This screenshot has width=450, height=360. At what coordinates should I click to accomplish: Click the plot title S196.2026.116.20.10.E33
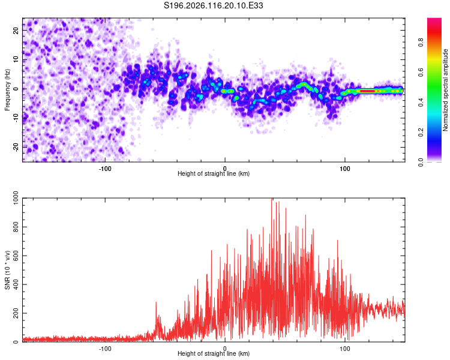[213, 5]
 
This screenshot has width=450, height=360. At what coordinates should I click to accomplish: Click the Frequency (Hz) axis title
[7, 90]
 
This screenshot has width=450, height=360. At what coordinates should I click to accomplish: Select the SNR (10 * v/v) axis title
[7, 270]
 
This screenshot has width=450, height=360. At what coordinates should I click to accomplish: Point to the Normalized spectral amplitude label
[445, 90]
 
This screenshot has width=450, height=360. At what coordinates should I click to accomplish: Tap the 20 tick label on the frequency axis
[16, 31]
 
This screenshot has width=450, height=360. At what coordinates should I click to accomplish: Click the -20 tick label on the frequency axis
[16, 148]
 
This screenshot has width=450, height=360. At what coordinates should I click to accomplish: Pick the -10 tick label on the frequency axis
[16, 118]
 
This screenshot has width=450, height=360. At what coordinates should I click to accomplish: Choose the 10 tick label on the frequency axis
[16, 59]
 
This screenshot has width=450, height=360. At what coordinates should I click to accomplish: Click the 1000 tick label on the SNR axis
[16, 198]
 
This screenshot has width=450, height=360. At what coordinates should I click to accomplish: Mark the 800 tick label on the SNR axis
[16, 227]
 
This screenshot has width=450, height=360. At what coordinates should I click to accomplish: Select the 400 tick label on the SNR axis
[16, 284]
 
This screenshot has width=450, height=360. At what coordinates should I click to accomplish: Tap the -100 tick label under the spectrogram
[105, 169]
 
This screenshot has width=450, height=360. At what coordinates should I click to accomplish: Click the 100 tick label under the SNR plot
[344, 349]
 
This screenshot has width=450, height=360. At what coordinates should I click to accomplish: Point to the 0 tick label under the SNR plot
[225, 349]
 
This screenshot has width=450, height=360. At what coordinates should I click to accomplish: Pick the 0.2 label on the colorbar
[421, 133]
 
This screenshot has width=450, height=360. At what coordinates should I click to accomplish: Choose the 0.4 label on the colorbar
[421, 102]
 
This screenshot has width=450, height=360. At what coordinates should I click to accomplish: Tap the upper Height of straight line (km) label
[214, 173]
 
